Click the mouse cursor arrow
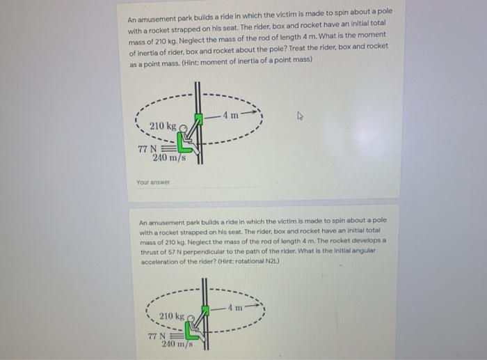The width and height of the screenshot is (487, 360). (x=300, y=116)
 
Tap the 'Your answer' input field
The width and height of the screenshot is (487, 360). (x=199, y=182)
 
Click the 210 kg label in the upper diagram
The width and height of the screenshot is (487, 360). (x=163, y=126)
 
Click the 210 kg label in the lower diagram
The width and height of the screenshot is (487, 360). (x=172, y=316)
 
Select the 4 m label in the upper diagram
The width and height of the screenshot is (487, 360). (x=230, y=115)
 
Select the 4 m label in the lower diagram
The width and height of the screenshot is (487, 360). (x=235, y=308)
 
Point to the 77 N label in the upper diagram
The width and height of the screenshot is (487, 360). (x=147, y=149)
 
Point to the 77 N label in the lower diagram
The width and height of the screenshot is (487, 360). (x=157, y=336)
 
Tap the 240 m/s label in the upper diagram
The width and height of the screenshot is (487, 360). (x=169, y=157)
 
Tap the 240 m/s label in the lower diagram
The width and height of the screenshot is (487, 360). (x=177, y=344)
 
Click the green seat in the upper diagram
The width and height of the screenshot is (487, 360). (x=184, y=143)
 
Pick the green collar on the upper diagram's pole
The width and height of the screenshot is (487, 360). (x=198, y=119)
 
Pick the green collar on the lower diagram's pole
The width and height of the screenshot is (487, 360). (x=205, y=310)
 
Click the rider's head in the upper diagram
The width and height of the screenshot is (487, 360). (x=184, y=128)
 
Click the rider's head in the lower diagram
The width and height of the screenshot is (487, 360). (x=191, y=318)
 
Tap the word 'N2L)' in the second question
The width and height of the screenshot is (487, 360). (x=273, y=261)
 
